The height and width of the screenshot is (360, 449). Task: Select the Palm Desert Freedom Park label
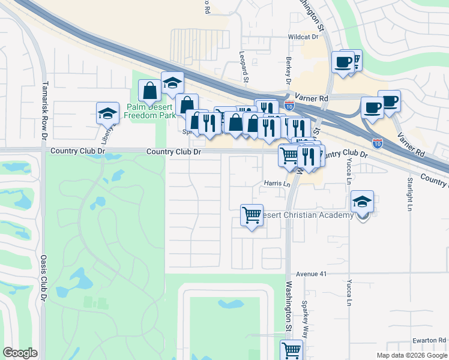pos(151,110)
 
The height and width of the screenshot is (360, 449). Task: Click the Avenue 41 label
pos(310,274)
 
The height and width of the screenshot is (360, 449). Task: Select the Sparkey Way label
pos(305,314)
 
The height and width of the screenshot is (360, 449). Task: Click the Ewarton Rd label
pos(429,340)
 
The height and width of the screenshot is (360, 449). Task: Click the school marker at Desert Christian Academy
pos(362,202)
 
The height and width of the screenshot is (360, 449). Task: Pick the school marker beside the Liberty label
pos(107,112)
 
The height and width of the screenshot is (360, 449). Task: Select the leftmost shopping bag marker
pos(149,91)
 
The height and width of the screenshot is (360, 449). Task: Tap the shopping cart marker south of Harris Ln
pos(252,215)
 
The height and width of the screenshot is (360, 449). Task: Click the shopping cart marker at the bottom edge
pos(291,350)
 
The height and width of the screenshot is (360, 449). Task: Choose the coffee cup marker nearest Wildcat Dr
pos(343,62)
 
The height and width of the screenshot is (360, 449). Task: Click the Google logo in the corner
pos(20,353)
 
